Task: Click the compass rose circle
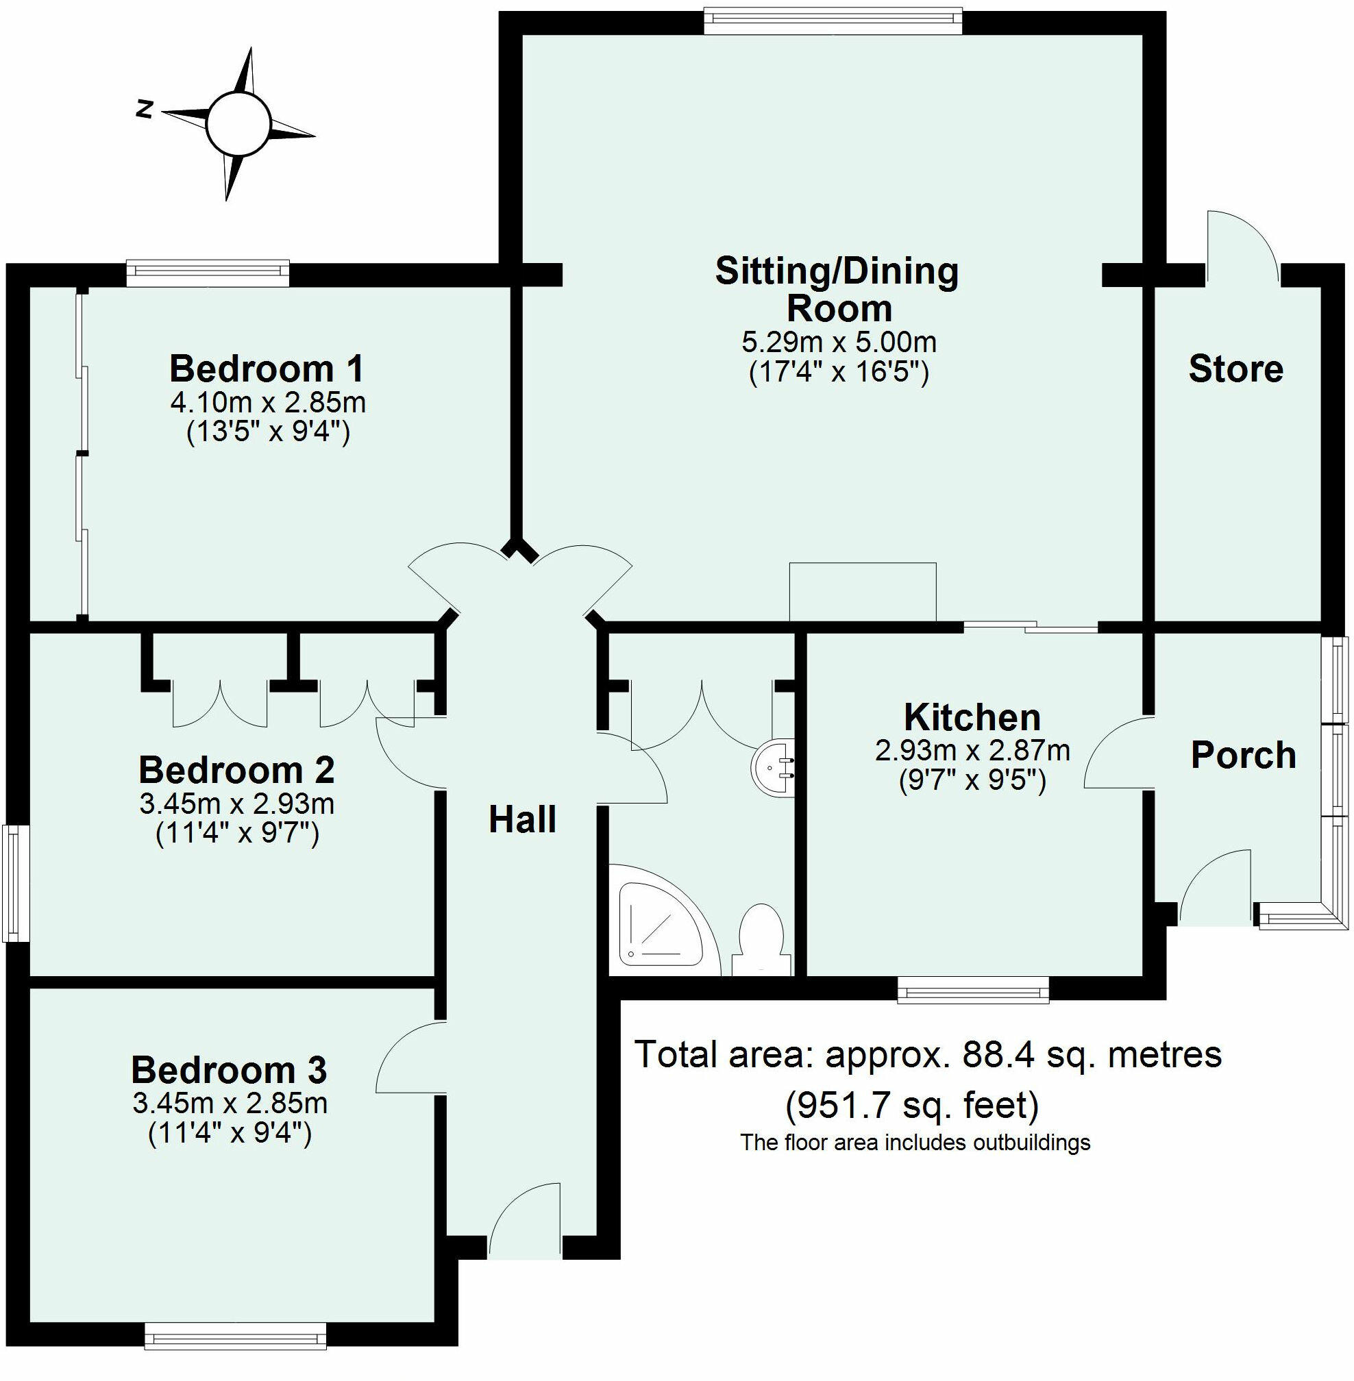click(x=238, y=123)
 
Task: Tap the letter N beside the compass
click(x=146, y=110)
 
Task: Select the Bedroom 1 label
click(x=267, y=369)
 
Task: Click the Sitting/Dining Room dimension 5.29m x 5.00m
click(x=839, y=343)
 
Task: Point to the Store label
click(x=1236, y=369)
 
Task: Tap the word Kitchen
click(x=972, y=718)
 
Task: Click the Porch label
click(x=1244, y=755)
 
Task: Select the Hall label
click(x=523, y=820)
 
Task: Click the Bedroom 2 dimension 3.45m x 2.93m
click(x=237, y=804)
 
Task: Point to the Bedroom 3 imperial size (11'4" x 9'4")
click(x=230, y=1133)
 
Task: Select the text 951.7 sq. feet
click(x=913, y=1105)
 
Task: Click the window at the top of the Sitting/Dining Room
click(x=833, y=21)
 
